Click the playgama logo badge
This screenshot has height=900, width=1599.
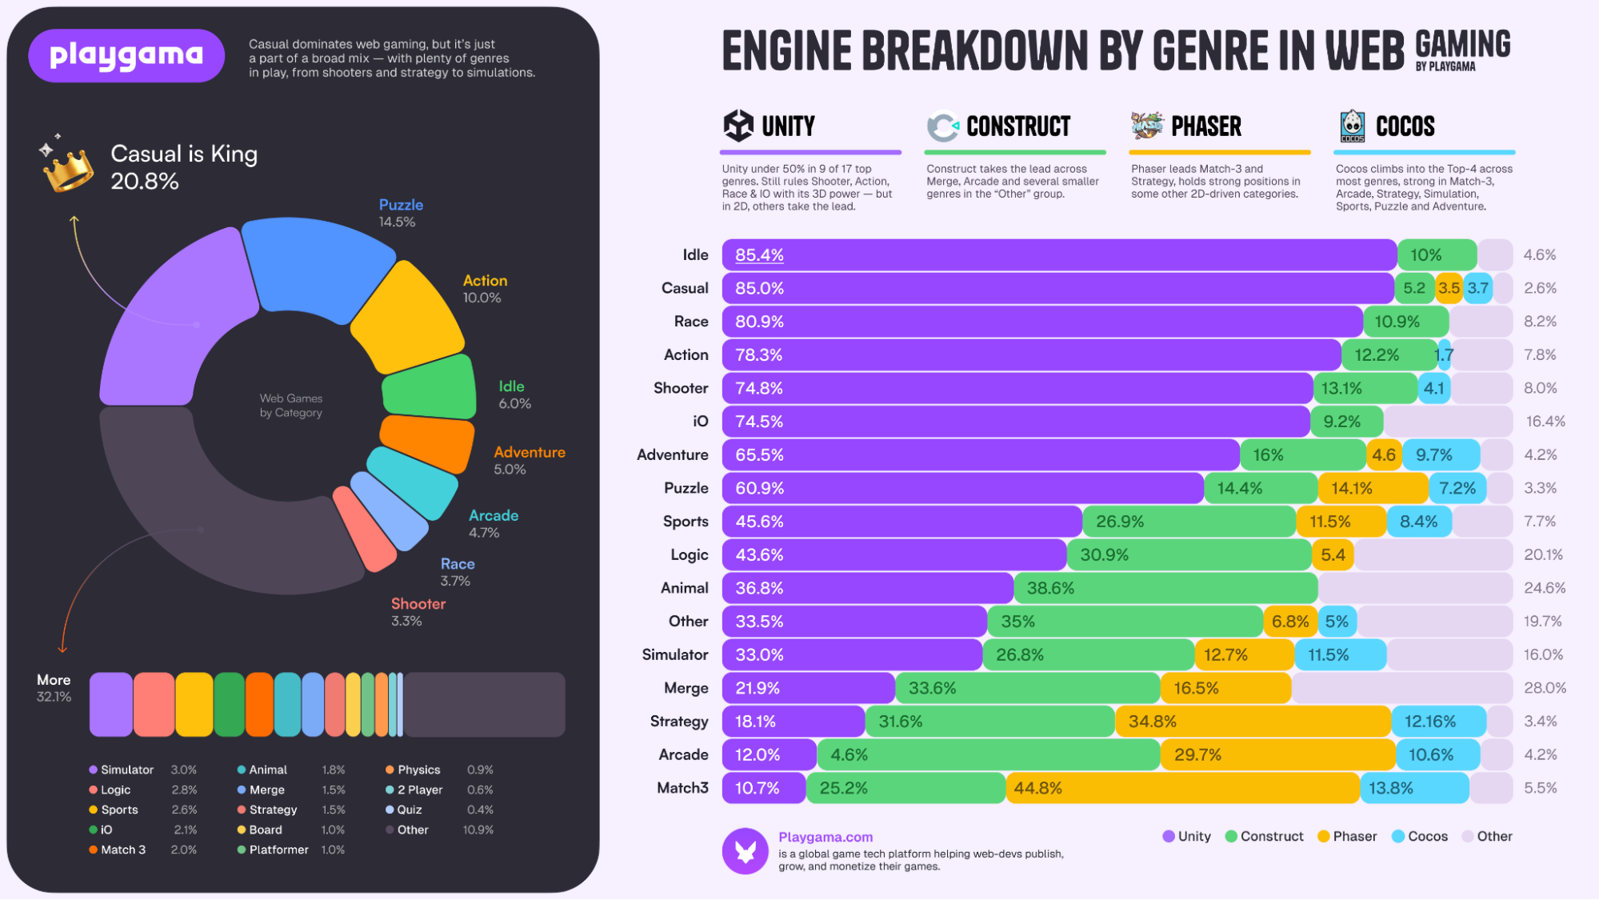click(126, 55)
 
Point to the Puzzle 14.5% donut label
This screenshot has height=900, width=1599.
click(400, 213)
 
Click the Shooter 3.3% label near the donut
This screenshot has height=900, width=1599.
click(418, 611)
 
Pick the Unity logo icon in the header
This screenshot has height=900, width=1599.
click(738, 126)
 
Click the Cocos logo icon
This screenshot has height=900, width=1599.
click(1352, 126)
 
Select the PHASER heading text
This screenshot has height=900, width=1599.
click(1205, 126)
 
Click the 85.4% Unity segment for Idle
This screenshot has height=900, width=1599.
click(1059, 255)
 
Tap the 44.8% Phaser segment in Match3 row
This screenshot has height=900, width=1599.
click(1182, 788)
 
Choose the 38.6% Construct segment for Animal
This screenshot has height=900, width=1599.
click(1165, 588)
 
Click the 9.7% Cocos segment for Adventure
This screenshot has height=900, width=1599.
click(1441, 455)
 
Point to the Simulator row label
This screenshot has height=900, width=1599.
click(674, 655)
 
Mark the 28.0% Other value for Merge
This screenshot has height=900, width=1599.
click(1545, 688)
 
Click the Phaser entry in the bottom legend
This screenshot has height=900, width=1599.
click(1347, 836)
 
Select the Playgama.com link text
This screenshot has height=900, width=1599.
click(825, 837)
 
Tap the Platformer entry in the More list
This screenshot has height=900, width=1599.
click(278, 850)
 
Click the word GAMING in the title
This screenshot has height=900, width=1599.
click(1462, 44)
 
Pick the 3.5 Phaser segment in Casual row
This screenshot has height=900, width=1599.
click(1449, 288)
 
